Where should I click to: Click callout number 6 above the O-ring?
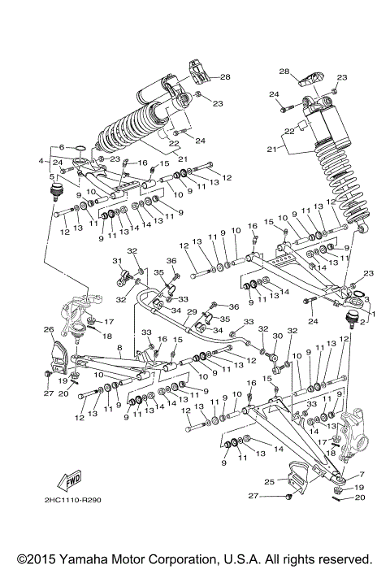click(x=61, y=146)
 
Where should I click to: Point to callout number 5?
click(x=51, y=176)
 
